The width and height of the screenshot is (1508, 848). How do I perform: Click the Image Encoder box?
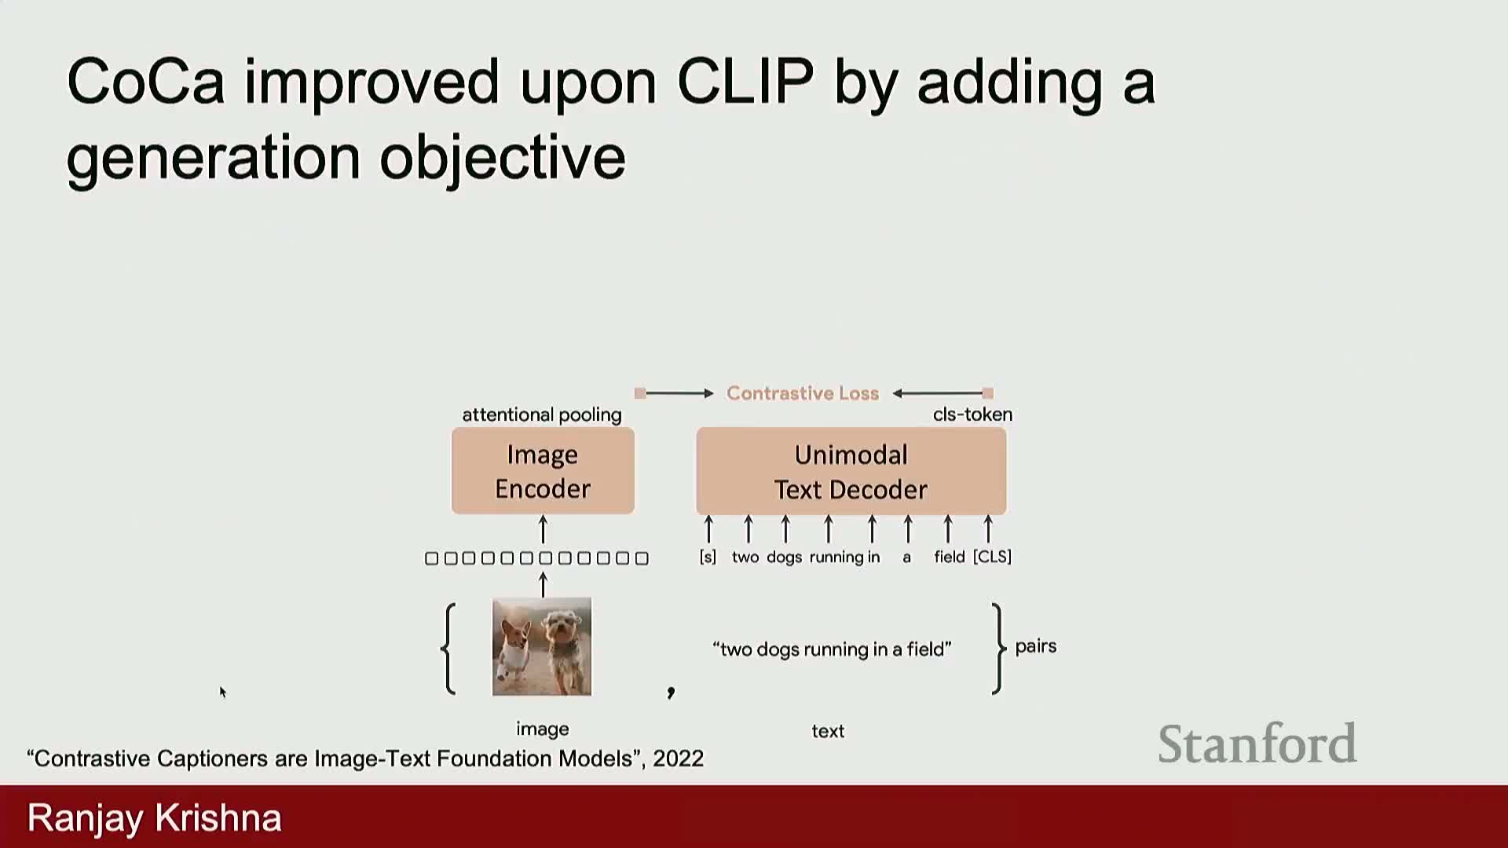click(x=543, y=471)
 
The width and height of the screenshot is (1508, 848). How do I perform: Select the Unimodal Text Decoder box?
click(x=851, y=471)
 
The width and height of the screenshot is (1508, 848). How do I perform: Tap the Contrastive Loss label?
click(x=803, y=393)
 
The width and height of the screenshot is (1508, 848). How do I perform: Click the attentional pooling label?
click(x=542, y=415)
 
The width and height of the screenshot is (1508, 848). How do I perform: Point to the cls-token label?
click(x=972, y=415)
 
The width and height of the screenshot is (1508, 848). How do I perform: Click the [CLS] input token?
click(x=992, y=557)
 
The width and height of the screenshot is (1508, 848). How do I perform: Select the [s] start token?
click(x=708, y=557)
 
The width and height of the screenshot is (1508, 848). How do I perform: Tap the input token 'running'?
click(x=836, y=557)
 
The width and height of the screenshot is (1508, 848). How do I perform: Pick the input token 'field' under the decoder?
click(x=949, y=557)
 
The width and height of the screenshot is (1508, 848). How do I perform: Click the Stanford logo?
click(x=1257, y=744)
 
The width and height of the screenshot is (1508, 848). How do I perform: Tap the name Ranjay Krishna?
click(x=155, y=818)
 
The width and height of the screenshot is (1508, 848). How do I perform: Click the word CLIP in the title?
click(x=745, y=81)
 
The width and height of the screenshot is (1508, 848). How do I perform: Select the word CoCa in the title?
click(x=146, y=81)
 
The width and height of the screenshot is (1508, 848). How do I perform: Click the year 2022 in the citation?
click(x=678, y=758)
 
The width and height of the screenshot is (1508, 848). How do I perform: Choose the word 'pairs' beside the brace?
click(x=1036, y=647)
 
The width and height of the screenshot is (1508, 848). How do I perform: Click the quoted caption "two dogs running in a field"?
click(x=832, y=649)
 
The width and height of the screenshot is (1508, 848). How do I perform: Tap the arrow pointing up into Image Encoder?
click(x=543, y=529)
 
